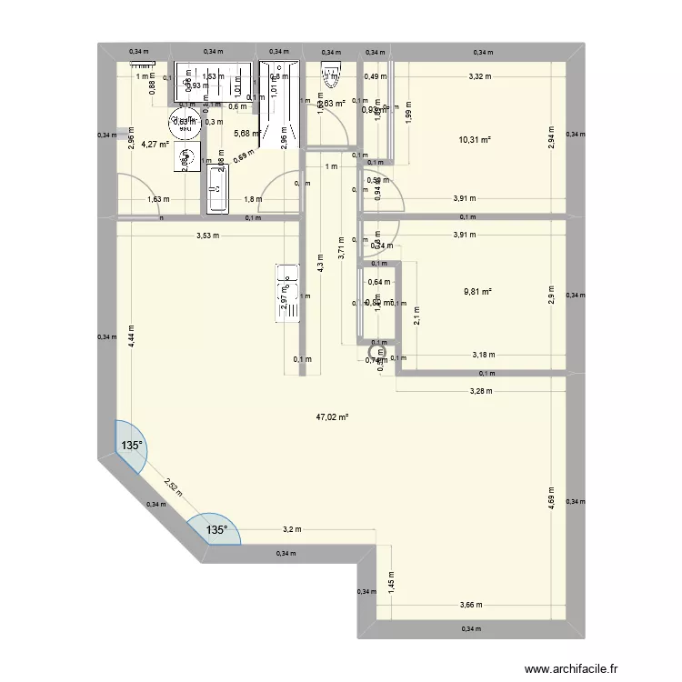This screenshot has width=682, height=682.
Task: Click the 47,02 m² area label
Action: pyautogui.click(x=333, y=417)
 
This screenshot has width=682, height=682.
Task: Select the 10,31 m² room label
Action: pyautogui.click(x=476, y=139)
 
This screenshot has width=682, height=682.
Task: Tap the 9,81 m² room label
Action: pyautogui.click(x=476, y=292)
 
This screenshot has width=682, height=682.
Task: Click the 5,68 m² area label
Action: pyautogui.click(x=248, y=134)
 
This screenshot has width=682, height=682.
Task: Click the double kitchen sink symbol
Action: pyautogui.click(x=286, y=293)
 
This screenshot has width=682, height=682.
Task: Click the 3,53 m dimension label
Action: pyautogui.click(x=208, y=236)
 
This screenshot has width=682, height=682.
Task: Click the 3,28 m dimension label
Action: pyautogui.click(x=481, y=392)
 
